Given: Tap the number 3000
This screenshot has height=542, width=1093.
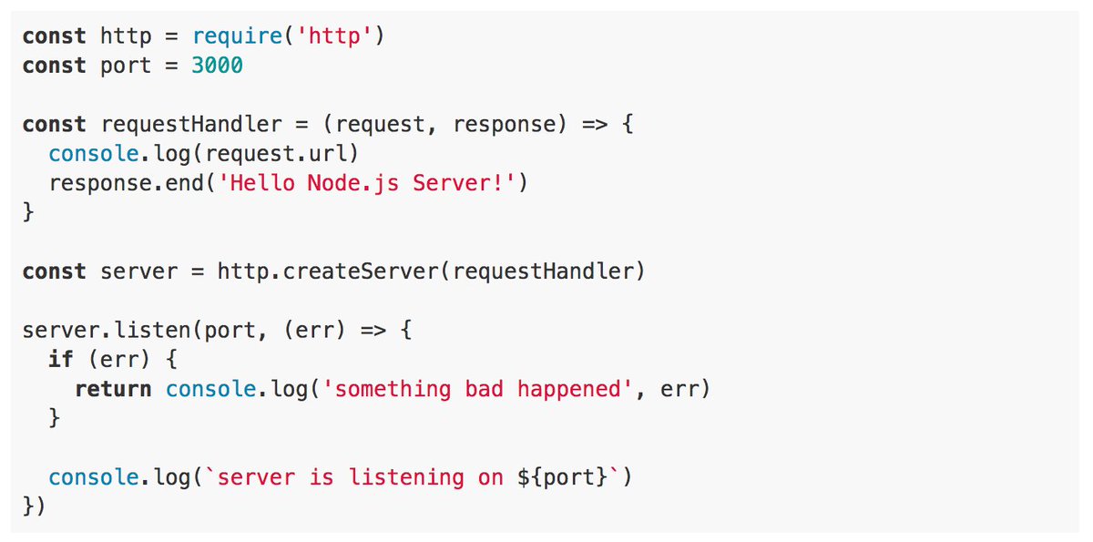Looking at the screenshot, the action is click(x=218, y=66).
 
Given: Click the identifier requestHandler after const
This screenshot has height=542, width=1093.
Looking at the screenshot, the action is click(x=191, y=125).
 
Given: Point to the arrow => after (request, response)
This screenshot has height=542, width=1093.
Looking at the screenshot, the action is click(x=595, y=125).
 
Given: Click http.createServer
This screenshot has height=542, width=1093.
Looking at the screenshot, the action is click(x=331, y=271).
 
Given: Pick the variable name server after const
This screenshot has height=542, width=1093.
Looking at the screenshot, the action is click(x=139, y=271).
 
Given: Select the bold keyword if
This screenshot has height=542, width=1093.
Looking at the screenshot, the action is click(x=61, y=360).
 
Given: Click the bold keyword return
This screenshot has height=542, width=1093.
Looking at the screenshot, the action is click(x=113, y=389).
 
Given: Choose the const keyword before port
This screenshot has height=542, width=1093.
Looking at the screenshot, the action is click(x=54, y=66).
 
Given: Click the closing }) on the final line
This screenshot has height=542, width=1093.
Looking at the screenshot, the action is click(x=34, y=506).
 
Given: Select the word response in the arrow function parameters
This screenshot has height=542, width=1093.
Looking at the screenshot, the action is click(x=504, y=125).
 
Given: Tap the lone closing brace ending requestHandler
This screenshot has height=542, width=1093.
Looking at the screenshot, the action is click(x=28, y=213).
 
